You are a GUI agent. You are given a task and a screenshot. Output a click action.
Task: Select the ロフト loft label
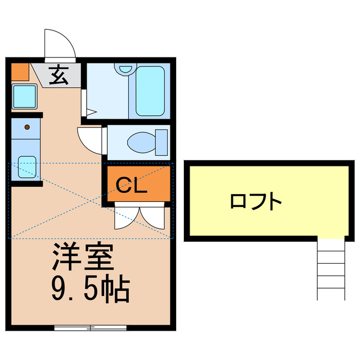pyautogui.click(x=255, y=201)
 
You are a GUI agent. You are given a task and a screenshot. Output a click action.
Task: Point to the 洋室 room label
pyautogui.click(x=83, y=258)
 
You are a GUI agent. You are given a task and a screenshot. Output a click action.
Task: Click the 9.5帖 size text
pyautogui.click(x=90, y=289)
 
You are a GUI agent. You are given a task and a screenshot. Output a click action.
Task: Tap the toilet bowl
pyautogui.click(x=141, y=142)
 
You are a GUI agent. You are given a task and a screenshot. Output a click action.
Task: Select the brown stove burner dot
pyautogui.click(x=26, y=127)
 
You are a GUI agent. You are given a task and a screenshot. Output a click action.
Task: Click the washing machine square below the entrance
pyautogui.click(x=24, y=96)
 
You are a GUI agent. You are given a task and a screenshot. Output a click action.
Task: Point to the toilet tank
pyautogui.click(x=161, y=142)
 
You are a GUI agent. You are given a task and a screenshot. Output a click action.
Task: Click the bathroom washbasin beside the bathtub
pyautogui.click(x=124, y=70)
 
